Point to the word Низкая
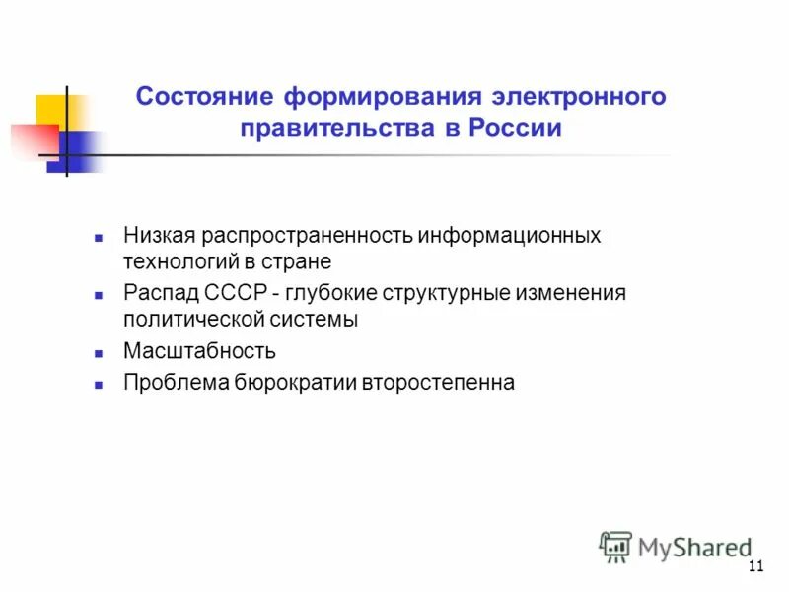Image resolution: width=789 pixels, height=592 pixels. coord(159,237)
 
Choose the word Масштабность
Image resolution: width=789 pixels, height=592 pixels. coord(199,351)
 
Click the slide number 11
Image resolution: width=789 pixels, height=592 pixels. coord(756,565)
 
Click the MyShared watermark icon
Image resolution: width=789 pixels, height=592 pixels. coord(615,546)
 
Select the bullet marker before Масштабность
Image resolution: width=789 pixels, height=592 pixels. coord(99,352)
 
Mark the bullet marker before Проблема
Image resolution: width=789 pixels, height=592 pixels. coord(99,383)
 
